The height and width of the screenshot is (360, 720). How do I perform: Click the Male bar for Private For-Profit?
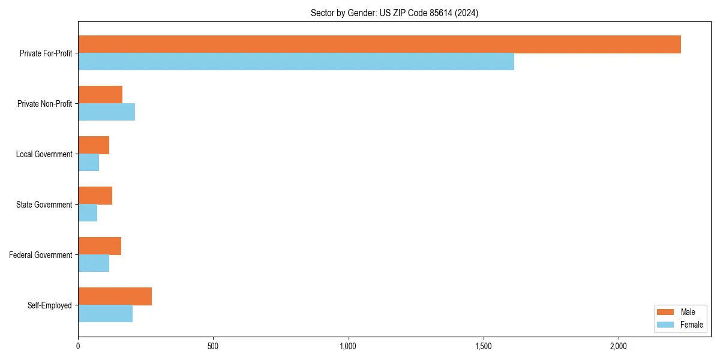(379, 44)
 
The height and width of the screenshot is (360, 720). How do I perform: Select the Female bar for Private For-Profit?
(296, 62)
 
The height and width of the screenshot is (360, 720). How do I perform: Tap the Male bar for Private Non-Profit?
(100, 95)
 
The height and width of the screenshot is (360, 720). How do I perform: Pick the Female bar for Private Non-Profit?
(106, 112)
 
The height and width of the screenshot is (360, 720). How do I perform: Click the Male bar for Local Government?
(94, 145)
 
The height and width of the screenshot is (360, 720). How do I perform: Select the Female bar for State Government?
(88, 213)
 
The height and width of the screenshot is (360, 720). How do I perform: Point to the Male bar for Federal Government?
(100, 246)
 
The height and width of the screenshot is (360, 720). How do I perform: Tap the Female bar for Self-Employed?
(105, 314)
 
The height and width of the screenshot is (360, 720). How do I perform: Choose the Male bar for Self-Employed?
(115, 296)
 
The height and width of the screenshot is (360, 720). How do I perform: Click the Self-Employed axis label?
(50, 305)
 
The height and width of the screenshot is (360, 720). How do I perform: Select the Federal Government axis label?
(41, 255)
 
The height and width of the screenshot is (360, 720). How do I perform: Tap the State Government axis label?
(44, 205)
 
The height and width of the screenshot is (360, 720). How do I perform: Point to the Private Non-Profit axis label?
(44, 104)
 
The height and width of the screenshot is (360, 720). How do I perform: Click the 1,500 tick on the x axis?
(484, 346)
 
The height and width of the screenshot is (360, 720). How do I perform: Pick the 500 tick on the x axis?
(213, 346)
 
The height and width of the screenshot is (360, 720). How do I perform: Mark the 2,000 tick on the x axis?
(619, 346)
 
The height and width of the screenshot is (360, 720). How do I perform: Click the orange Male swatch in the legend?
(666, 312)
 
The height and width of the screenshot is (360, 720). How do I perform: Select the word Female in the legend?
(691, 325)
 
